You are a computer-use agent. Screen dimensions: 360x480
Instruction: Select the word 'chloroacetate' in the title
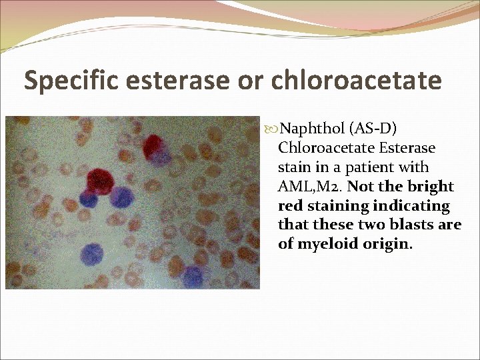pos(356,81)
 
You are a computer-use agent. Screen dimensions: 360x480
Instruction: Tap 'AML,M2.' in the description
pos(307,186)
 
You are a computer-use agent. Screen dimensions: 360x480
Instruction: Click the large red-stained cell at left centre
pos(99,180)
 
